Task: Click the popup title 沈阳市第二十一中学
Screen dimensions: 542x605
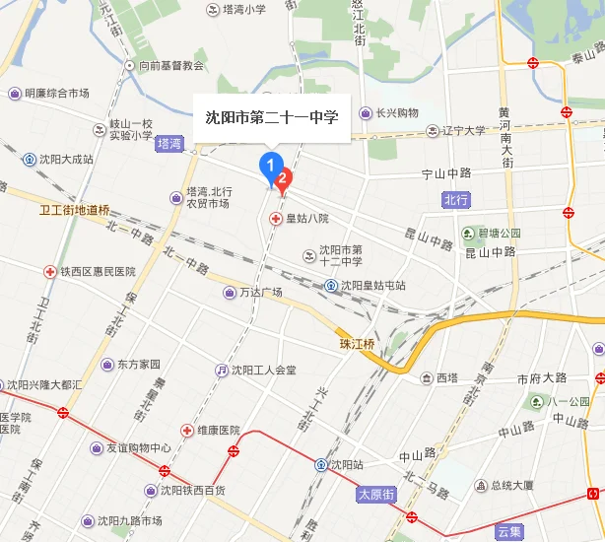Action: point(270,117)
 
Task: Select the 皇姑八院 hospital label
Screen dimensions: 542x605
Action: point(305,218)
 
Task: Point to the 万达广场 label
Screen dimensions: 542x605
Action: point(260,292)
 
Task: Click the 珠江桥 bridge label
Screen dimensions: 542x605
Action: point(357,344)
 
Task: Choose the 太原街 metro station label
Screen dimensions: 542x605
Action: point(374,493)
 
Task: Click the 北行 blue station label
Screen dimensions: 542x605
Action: point(455,200)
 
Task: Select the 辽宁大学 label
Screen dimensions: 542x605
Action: point(462,130)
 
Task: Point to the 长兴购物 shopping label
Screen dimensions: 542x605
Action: point(396,113)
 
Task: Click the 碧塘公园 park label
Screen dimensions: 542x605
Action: point(498,234)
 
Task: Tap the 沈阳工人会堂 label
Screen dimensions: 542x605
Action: point(263,370)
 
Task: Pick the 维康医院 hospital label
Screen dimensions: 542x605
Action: point(218,431)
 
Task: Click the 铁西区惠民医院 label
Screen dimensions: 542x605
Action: point(97,271)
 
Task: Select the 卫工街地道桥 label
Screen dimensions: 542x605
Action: point(74,210)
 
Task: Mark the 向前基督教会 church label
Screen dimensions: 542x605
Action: point(170,66)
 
